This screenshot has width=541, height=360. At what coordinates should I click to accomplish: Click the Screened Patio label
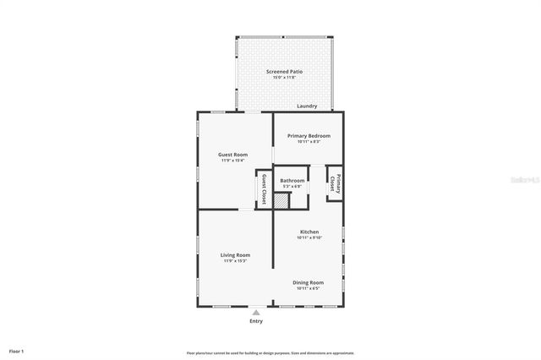point(284,72)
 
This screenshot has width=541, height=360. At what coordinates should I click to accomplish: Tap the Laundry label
point(307,106)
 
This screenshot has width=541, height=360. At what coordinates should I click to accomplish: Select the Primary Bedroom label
point(309,135)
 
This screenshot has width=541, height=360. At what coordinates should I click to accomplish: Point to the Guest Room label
point(232,154)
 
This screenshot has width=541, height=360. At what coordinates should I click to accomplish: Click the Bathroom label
point(292,180)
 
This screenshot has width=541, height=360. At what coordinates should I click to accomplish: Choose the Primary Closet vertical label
point(336,184)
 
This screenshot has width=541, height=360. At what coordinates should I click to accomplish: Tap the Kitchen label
point(309,232)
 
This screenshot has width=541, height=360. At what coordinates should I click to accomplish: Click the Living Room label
point(235,254)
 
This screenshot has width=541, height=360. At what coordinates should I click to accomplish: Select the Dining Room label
point(309,282)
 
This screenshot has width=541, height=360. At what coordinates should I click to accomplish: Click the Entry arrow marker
point(256,312)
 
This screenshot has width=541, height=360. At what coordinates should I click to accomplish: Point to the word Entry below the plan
point(256,321)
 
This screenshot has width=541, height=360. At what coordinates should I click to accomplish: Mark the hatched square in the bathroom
point(281,199)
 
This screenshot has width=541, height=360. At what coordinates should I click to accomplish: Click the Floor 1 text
point(17,350)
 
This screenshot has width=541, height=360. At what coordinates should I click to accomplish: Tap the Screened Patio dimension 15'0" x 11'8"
point(284,78)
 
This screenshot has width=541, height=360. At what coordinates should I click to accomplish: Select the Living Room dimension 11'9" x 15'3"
point(235,260)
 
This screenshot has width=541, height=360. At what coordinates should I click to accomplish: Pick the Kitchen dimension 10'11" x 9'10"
point(309,237)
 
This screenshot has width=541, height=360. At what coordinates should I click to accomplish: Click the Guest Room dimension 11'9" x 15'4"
point(232,160)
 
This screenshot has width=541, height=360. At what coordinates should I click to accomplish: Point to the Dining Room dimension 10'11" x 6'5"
point(309,288)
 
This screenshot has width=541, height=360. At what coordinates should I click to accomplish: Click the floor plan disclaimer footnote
point(270,352)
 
